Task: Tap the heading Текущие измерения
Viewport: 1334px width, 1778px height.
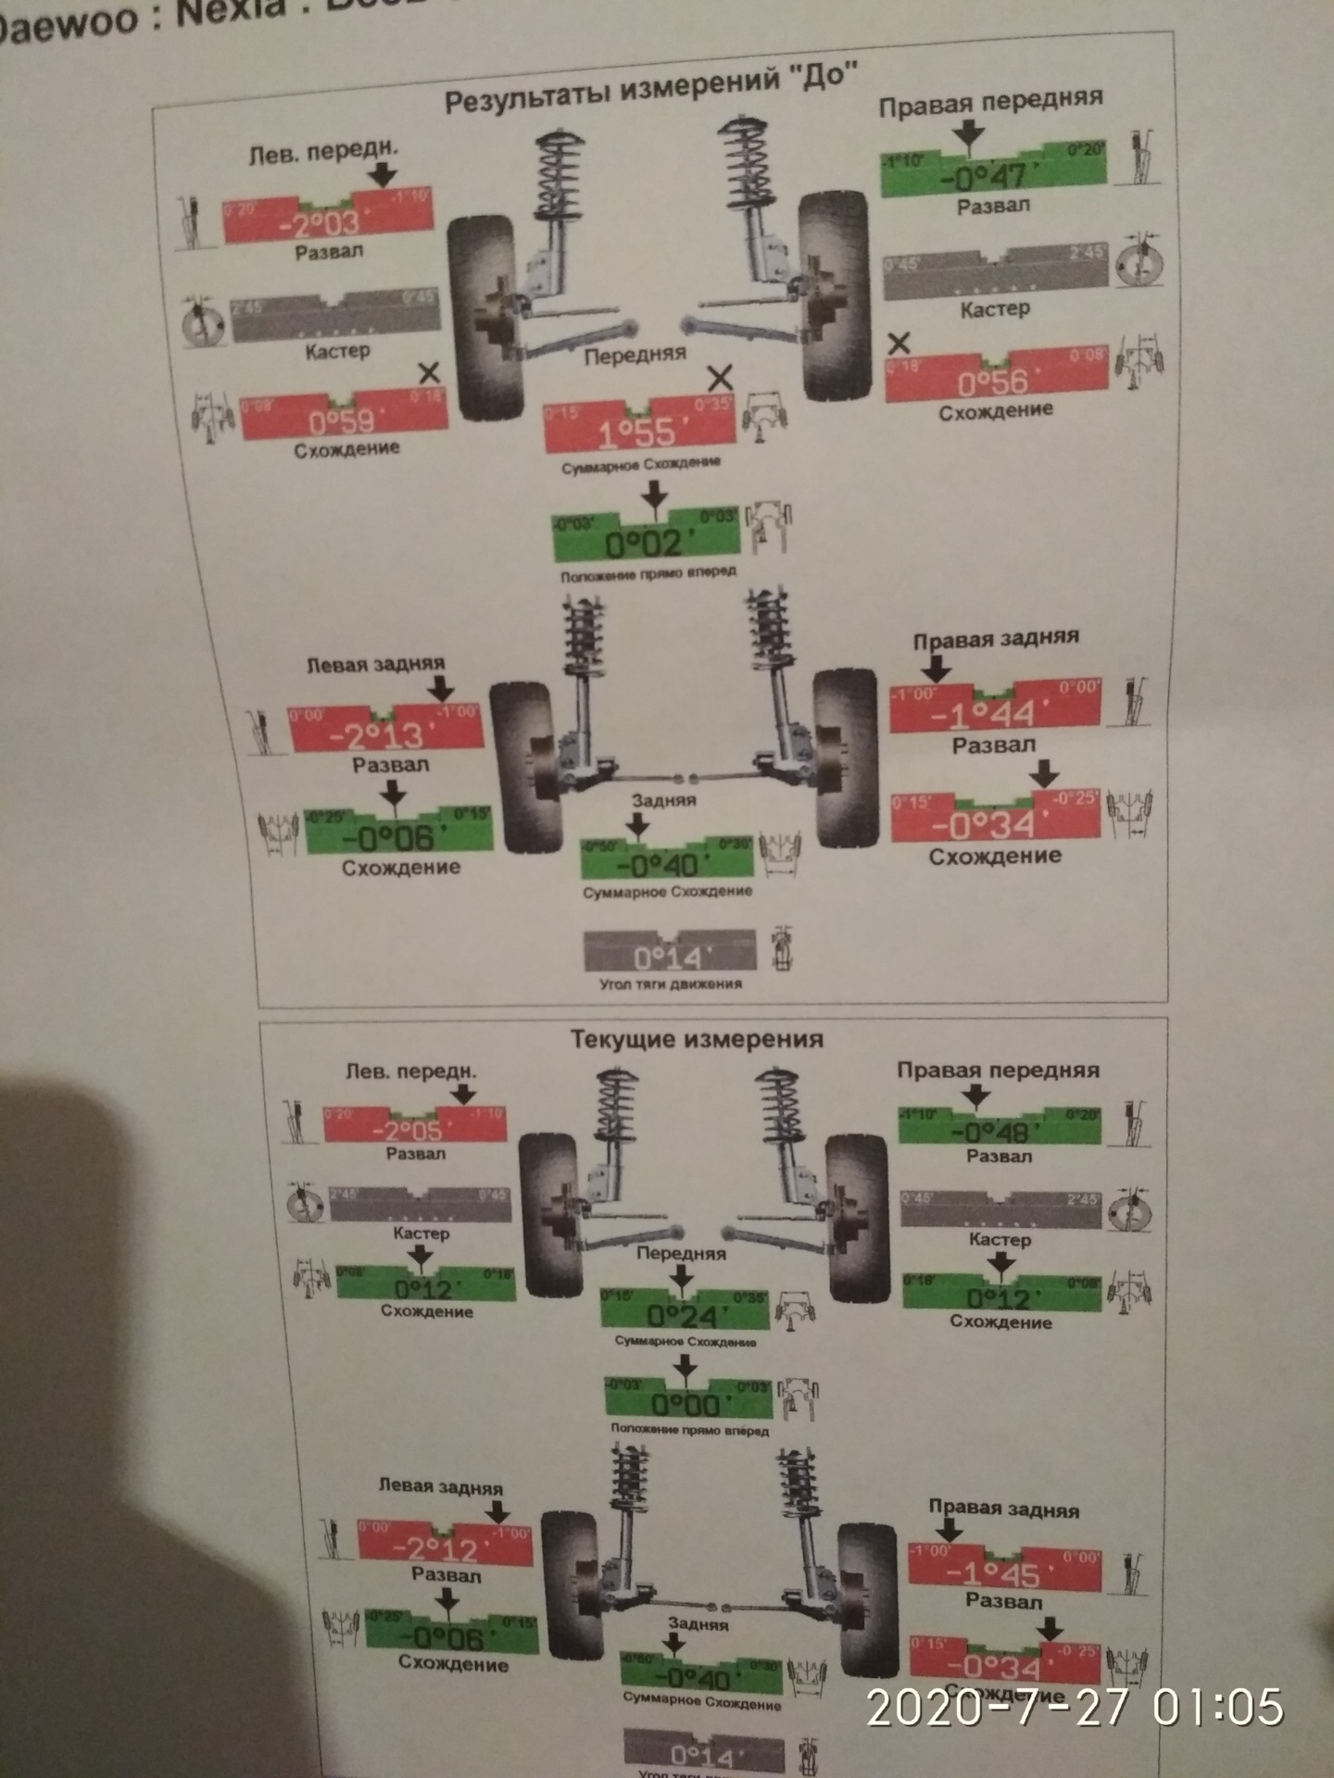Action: (697, 1039)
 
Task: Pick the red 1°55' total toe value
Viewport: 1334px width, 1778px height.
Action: (638, 432)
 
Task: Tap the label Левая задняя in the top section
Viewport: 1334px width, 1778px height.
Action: (375, 664)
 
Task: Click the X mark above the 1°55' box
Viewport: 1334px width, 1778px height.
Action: (720, 377)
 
